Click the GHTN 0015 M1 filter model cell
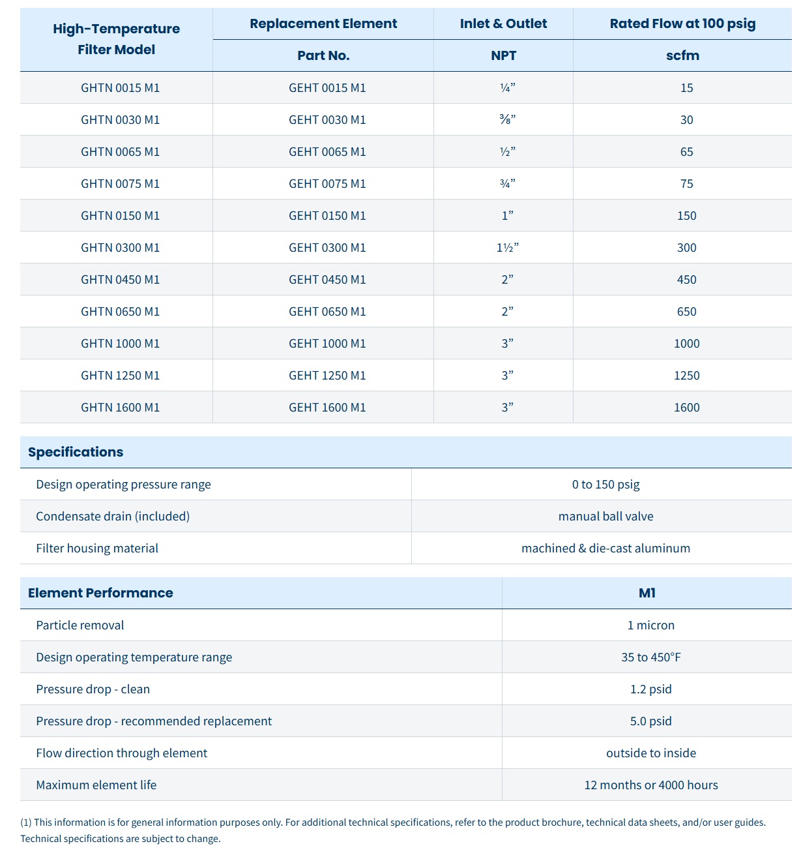click(120, 87)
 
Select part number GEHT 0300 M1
click(327, 247)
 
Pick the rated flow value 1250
click(686, 375)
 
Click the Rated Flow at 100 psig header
click(682, 23)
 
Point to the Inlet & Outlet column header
click(503, 23)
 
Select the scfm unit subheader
click(682, 55)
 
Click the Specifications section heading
click(76, 452)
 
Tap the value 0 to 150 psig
click(605, 484)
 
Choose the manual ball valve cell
click(605, 516)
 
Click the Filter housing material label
click(97, 548)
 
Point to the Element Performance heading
click(100, 593)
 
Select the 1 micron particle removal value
click(650, 625)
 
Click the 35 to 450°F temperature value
click(650, 657)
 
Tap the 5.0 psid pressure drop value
click(650, 721)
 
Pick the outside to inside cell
click(650, 753)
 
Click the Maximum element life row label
click(96, 785)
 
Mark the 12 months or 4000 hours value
click(650, 785)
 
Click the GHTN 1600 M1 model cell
click(120, 407)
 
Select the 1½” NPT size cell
click(507, 247)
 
